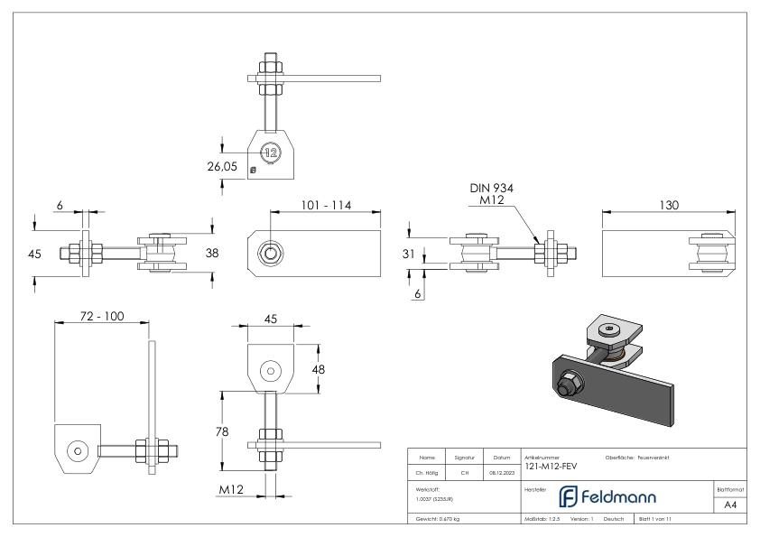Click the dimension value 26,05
(226, 165)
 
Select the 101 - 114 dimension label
(326, 205)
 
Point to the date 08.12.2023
(502, 470)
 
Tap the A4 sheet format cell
(733, 505)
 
